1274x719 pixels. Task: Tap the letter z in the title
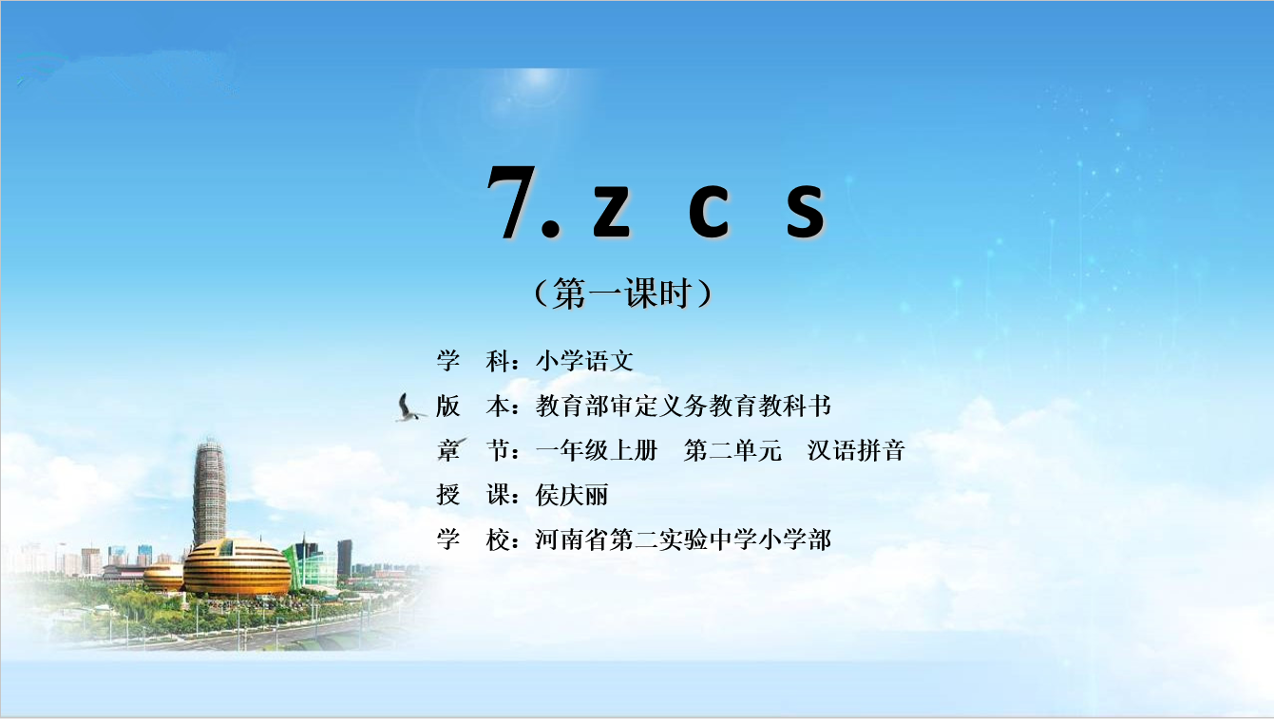coord(612,211)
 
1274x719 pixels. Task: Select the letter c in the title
coord(708,211)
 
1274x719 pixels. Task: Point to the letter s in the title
coord(806,211)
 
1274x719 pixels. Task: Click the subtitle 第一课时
coord(623,293)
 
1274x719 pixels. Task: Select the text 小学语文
coord(584,361)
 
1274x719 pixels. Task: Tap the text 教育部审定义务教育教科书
coord(683,406)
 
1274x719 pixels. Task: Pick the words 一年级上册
coord(597,450)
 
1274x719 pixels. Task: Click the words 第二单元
coord(732,450)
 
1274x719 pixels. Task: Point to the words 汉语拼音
coord(856,450)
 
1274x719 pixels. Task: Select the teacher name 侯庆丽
coord(572,495)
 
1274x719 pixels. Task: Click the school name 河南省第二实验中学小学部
coord(683,539)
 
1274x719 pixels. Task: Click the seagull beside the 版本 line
coord(409,407)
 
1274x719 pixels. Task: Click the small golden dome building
coord(163,577)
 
